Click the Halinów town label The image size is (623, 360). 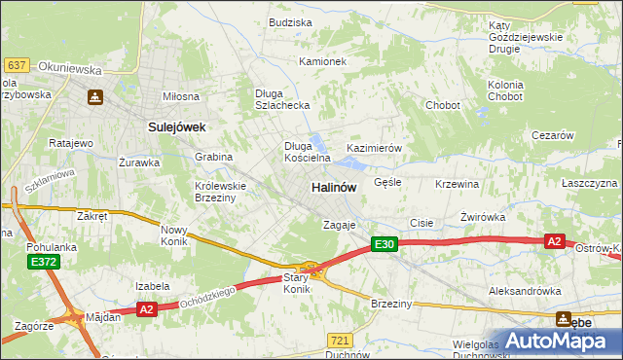coord(333,187)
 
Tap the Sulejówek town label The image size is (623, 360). coord(174,126)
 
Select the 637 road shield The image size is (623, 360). coord(16,65)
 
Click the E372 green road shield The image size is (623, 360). coord(42,263)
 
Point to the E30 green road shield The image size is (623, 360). coord(384,245)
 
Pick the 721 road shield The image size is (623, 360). coord(339,340)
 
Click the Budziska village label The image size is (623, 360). coord(290,22)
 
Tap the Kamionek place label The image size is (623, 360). coord(322,61)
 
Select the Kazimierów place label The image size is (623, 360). coord(374,148)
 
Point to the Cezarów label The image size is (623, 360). coord(552,136)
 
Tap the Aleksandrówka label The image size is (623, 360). coord(525,291)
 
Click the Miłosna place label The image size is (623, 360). coord(180,96)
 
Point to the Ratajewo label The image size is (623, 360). coord(70,143)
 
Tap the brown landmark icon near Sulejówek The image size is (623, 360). coord(95,97)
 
